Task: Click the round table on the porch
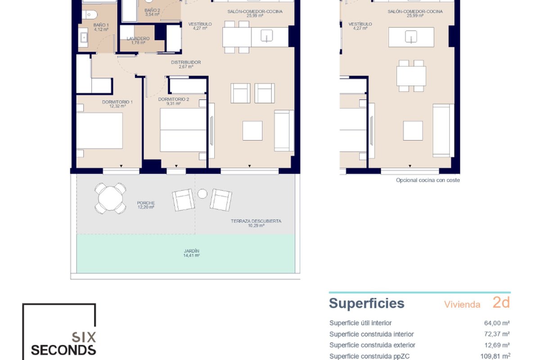pyautogui.click(x=110, y=198)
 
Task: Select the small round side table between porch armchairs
pyautogui.click(x=202, y=193)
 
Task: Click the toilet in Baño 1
pyautogui.click(x=90, y=15)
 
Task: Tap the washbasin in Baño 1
pyautogui.click(x=84, y=37)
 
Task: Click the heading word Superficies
pyautogui.click(x=366, y=303)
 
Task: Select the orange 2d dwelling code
pyautogui.click(x=501, y=302)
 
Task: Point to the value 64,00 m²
pyautogui.click(x=497, y=323)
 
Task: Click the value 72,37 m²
pyautogui.click(x=497, y=334)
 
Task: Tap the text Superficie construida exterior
pyautogui.click(x=372, y=345)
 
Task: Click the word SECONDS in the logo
pyautogui.click(x=63, y=351)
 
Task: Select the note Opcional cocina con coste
pyautogui.click(x=428, y=180)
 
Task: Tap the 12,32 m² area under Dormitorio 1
pyautogui.click(x=117, y=106)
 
